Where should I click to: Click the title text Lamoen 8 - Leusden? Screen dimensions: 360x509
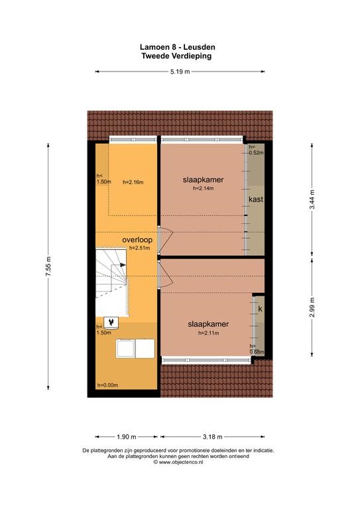(x=178, y=48)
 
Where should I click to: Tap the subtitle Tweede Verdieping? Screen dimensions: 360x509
(x=176, y=56)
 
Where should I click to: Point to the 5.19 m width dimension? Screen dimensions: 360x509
(x=180, y=72)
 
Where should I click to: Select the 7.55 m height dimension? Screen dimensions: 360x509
(x=48, y=266)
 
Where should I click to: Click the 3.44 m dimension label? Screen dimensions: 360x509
(x=312, y=199)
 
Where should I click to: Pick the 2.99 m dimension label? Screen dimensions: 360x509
(x=312, y=308)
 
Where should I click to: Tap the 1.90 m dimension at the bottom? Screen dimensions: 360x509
(x=126, y=437)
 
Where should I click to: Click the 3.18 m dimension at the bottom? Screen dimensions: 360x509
(x=213, y=437)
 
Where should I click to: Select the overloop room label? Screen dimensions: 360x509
(x=137, y=240)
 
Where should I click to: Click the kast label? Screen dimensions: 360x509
(x=256, y=199)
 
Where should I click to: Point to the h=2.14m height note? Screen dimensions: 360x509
(x=204, y=188)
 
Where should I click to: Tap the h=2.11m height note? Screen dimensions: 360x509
(x=208, y=333)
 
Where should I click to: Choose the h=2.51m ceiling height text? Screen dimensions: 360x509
(x=140, y=248)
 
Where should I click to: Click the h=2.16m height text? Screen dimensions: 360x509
(x=133, y=182)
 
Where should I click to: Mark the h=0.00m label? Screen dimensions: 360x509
(x=107, y=385)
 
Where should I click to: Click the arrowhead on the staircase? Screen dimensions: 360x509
(x=123, y=264)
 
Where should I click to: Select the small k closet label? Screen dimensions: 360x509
(x=260, y=309)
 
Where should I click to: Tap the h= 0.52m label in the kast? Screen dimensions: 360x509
(x=256, y=150)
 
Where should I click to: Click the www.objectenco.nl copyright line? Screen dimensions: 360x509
(x=178, y=462)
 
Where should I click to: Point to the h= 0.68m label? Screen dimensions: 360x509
(x=257, y=349)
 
